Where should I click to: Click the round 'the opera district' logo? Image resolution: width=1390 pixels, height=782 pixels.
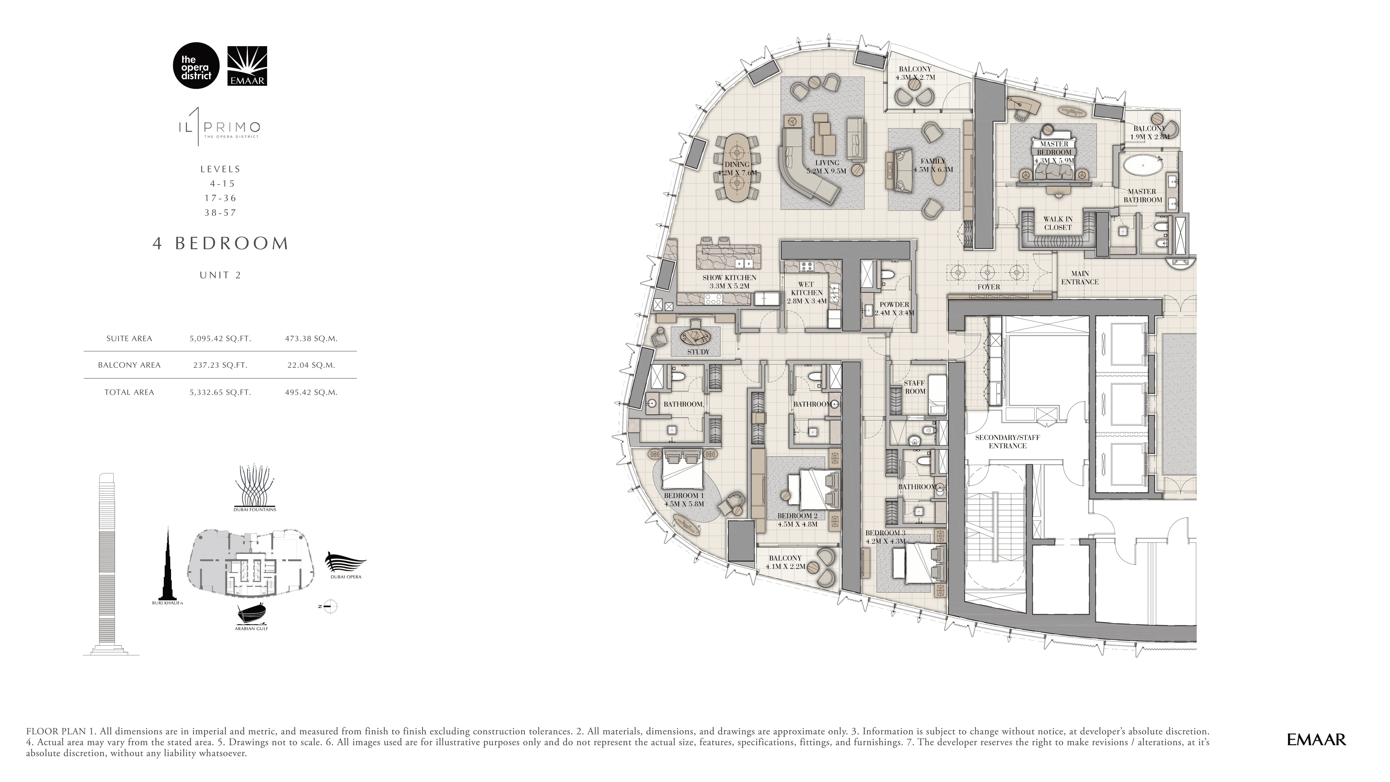[196, 65]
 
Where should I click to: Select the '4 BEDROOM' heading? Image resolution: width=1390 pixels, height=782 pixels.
[221, 243]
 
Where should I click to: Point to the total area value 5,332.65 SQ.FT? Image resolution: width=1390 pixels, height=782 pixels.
[220, 392]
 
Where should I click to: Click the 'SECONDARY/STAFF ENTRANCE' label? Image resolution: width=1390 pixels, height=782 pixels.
[1007, 442]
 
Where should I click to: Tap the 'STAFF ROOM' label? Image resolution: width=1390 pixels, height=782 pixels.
[915, 387]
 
